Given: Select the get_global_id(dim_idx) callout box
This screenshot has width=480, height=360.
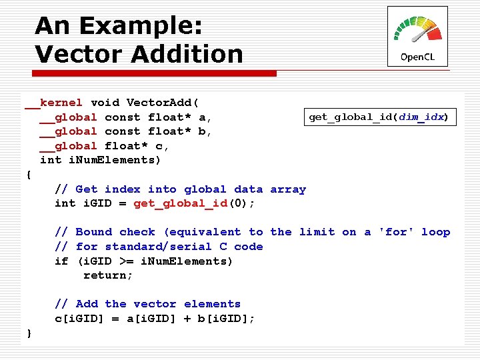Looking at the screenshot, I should click(x=379, y=117).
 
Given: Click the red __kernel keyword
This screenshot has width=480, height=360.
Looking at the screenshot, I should click(x=54, y=103).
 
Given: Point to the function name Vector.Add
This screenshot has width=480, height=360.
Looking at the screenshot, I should click(x=162, y=103).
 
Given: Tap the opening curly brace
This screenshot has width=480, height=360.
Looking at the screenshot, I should click(x=28, y=175).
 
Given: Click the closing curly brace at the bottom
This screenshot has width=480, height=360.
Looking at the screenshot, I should click(x=28, y=333).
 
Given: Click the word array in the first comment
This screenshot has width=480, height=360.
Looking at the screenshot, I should click(x=288, y=189).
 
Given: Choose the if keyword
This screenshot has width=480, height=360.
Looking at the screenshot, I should click(x=61, y=261).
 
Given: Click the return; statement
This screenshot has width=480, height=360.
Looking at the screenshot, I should click(x=108, y=275).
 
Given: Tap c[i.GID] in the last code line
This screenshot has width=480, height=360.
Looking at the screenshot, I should click(x=79, y=319).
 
